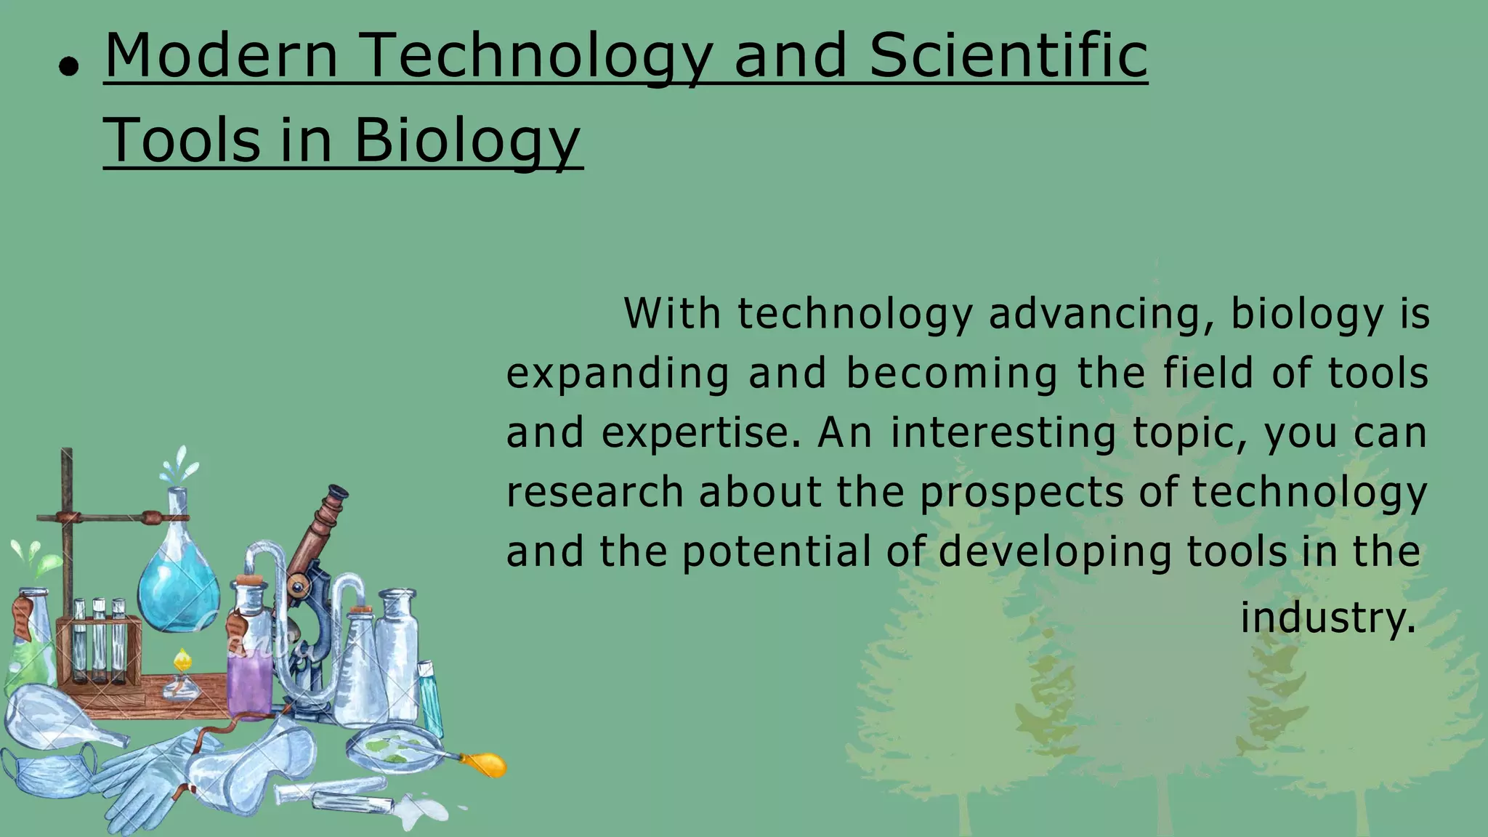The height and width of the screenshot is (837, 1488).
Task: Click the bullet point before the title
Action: point(69,68)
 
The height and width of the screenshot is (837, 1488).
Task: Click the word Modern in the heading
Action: point(222,57)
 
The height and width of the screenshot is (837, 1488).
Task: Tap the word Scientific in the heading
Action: point(1008,57)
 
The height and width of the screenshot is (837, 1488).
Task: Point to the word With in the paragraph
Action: point(672,315)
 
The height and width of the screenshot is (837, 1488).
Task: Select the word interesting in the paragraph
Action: point(1003,434)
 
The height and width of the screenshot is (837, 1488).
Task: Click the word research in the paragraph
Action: point(594,493)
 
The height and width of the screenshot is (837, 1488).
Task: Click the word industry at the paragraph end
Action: point(1327,618)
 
